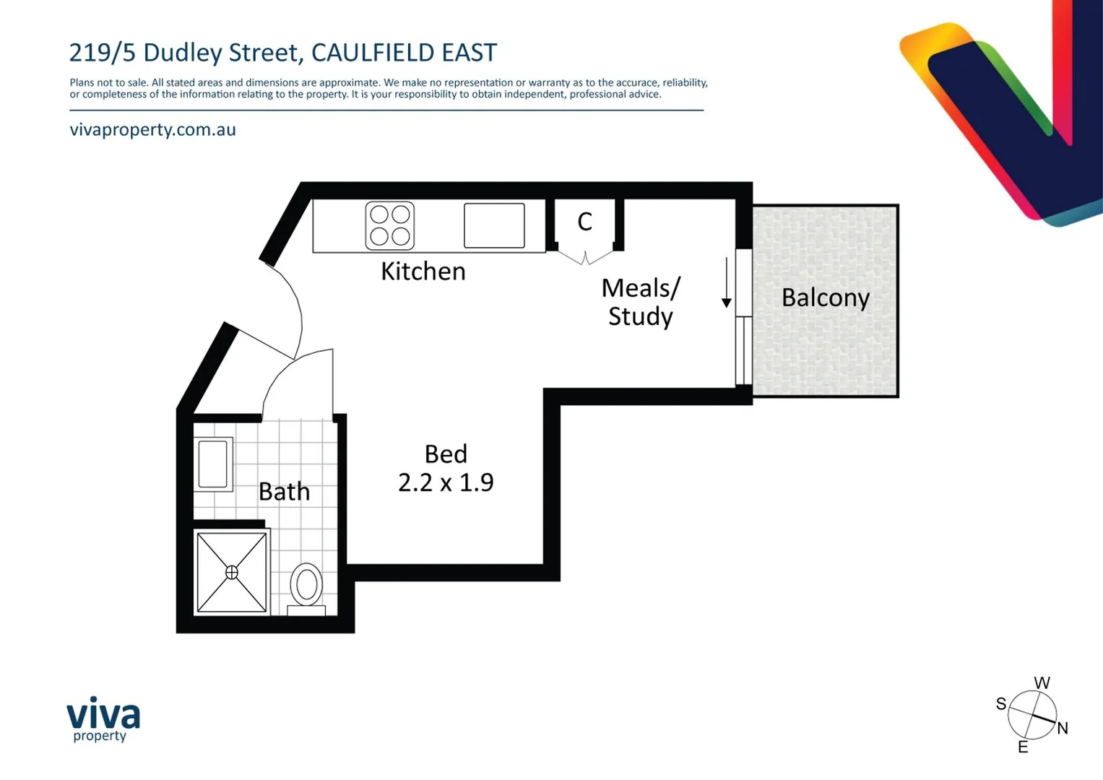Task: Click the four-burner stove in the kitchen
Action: (390, 225)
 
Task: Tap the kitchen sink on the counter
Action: (494, 225)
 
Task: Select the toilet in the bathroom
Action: (306, 586)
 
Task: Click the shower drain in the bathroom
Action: (232, 572)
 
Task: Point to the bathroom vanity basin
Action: (213, 464)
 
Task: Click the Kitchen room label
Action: (423, 272)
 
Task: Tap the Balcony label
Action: (825, 298)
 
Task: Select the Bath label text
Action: (284, 492)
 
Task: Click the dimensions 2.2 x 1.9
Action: (446, 482)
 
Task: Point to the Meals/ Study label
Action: (641, 302)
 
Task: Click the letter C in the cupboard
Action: (585, 222)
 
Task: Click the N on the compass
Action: (1062, 728)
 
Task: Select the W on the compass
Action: (1042, 683)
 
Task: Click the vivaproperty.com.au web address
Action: (153, 130)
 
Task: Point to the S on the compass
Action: (1001, 704)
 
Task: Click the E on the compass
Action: (1023, 747)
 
